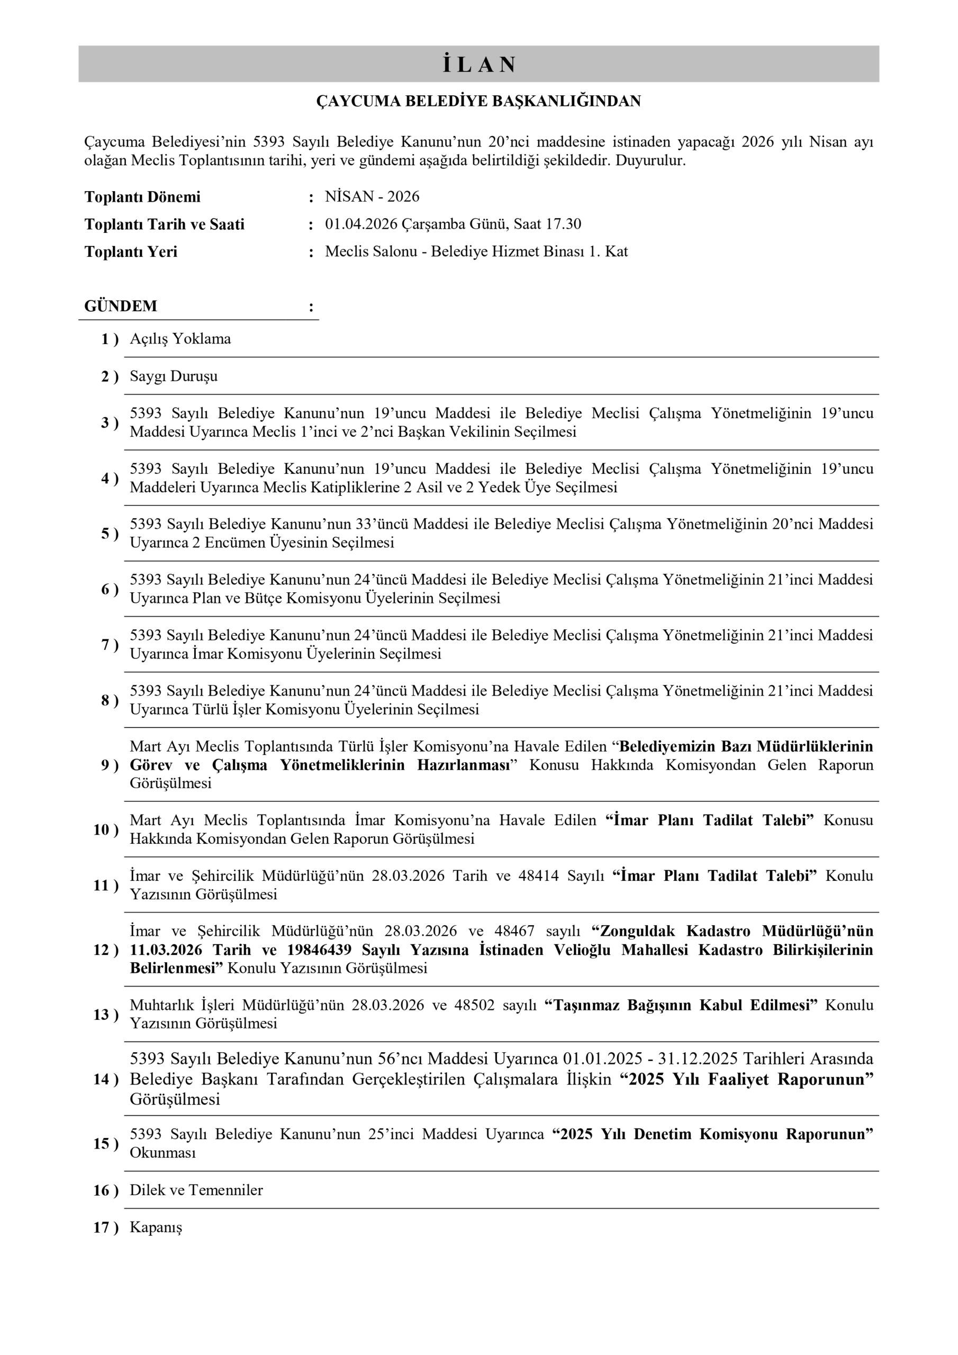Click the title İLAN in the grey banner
(x=478, y=65)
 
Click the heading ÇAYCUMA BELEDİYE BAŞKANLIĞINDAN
(x=478, y=102)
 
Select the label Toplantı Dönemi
(x=142, y=197)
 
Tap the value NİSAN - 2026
(x=372, y=196)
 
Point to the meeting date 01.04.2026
(x=361, y=224)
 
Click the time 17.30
(x=565, y=224)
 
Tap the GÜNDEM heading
(x=121, y=306)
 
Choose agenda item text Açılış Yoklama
(x=180, y=339)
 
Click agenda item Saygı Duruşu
(x=174, y=376)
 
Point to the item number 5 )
(x=109, y=534)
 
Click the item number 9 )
(x=109, y=765)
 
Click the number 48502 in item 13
(x=474, y=1005)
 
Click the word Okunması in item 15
(x=162, y=1153)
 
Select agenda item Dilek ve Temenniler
(x=196, y=1190)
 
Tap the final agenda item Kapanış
(x=156, y=1228)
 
